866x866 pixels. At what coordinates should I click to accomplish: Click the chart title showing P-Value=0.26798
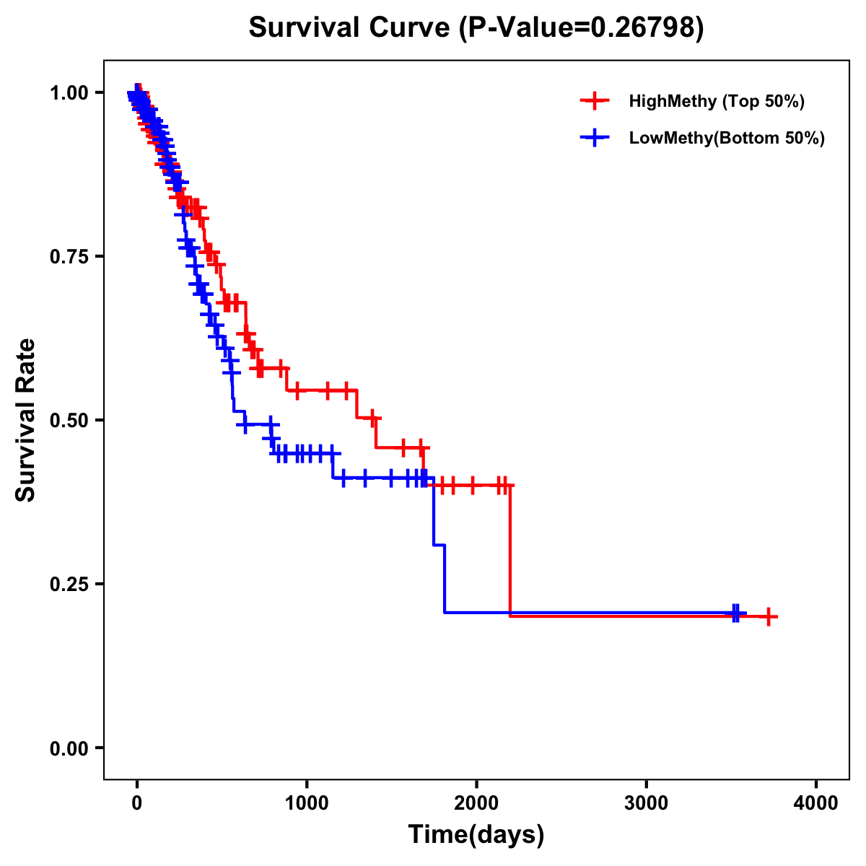tap(476, 28)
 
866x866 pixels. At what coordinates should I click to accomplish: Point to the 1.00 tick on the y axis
tap(71, 93)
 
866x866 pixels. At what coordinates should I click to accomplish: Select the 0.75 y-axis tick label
tap(71, 257)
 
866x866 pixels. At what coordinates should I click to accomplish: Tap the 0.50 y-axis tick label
tap(71, 421)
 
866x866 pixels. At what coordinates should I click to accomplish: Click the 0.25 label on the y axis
tap(71, 585)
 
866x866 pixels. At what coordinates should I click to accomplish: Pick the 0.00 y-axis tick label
tap(71, 748)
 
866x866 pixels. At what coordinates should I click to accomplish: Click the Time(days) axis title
tap(476, 835)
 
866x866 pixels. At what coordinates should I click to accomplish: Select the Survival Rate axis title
tap(26, 420)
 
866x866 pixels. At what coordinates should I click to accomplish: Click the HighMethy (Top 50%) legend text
tap(717, 101)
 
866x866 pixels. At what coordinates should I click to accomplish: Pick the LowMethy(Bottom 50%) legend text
tap(727, 138)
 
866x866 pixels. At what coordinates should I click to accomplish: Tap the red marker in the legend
tap(595, 101)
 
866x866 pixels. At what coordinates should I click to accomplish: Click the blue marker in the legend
tap(595, 138)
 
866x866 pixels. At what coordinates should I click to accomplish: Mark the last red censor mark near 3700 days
tap(769, 616)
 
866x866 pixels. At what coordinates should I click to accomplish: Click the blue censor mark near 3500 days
tap(735, 613)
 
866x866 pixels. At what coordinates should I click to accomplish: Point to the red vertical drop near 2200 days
tap(510, 548)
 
